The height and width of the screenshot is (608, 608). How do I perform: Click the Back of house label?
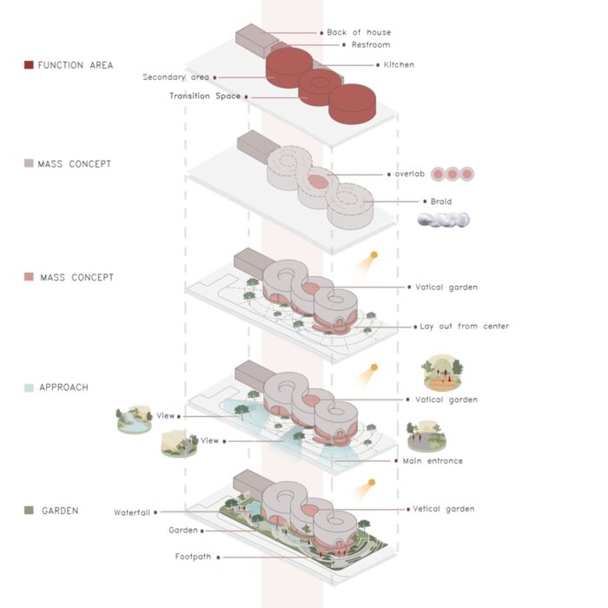pyautogui.click(x=359, y=33)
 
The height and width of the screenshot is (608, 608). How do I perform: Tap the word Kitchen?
pyautogui.click(x=399, y=65)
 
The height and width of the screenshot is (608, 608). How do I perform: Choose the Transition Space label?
pyautogui.click(x=205, y=96)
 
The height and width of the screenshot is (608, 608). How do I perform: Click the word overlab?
pyautogui.click(x=408, y=174)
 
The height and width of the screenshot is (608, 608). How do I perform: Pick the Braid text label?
pyautogui.click(x=441, y=202)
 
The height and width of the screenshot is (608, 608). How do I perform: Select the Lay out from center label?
pyautogui.click(x=464, y=327)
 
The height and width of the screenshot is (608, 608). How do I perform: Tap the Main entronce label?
pyautogui.click(x=433, y=461)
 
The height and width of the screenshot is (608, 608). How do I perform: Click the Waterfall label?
pyautogui.click(x=132, y=512)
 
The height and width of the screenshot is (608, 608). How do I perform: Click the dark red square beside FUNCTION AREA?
pyautogui.click(x=29, y=65)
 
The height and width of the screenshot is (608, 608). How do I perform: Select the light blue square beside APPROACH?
pyautogui.click(x=29, y=387)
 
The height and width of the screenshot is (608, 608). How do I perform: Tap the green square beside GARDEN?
pyautogui.click(x=29, y=511)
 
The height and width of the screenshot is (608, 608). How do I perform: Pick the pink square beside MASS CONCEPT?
pyautogui.click(x=29, y=278)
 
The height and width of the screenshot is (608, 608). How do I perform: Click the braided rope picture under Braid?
pyautogui.click(x=442, y=221)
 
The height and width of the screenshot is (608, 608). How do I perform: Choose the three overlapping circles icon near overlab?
pyautogui.click(x=453, y=175)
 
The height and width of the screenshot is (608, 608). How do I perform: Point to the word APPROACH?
pyautogui.click(x=64, y=387)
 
